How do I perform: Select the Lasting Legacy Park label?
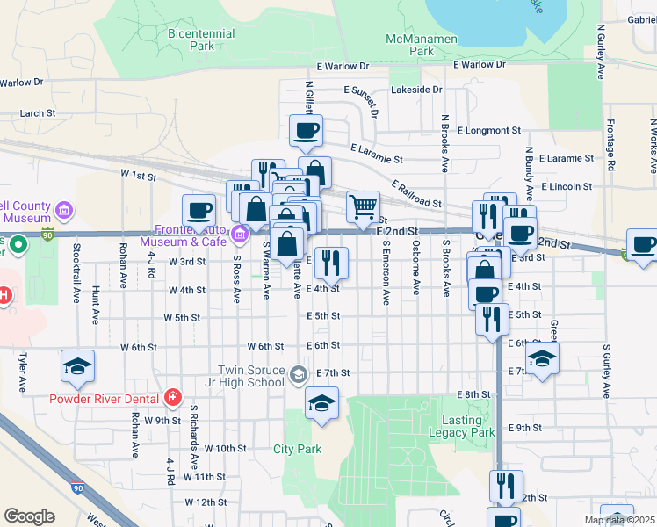tap(462, 426)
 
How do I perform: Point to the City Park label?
tap(297, 449)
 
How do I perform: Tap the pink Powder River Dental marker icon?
tap(174, 398)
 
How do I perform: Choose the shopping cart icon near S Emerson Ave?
tap(363, 207)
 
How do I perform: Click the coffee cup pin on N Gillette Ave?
tap(306, 131)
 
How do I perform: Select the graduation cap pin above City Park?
tap(322, 403)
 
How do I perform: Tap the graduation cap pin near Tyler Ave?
tap(77, 365)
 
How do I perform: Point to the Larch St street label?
tap(37, 113)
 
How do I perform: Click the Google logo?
tap(29, 516)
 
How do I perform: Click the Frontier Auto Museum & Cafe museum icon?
tap(239, 235)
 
